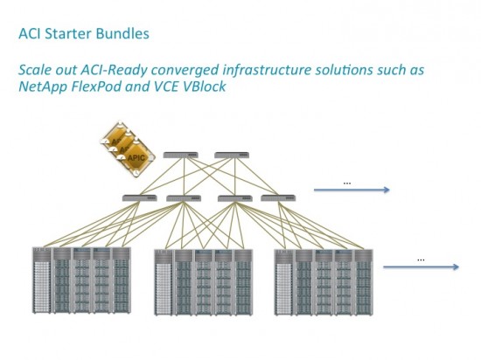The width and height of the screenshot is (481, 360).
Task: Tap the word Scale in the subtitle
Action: [37, 70]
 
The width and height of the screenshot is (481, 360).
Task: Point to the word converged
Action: [195, 70]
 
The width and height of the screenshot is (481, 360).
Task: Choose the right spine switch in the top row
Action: [229, 158]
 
